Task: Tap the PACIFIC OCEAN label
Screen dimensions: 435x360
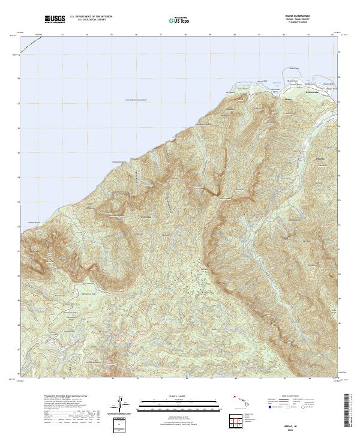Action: tap(136, 100)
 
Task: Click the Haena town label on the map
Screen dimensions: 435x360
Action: tap(287, 99)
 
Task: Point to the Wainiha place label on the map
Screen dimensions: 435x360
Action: tap(322, 158)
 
